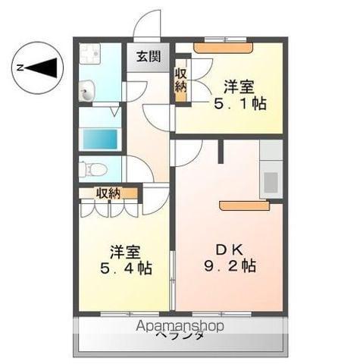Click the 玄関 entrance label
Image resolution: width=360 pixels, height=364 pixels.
coord(149,57)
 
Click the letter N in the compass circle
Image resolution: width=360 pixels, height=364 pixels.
coord(21,67)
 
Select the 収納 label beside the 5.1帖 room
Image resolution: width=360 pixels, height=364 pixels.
coord(182,80)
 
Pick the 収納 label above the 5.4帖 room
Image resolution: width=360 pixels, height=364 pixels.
coord(108,193)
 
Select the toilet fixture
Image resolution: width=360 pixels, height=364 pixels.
coord(93,168)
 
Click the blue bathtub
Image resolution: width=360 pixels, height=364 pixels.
coord(100,140)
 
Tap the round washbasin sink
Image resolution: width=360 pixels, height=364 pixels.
coord(86,93)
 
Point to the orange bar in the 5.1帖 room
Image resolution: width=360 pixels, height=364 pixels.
coord(224,48)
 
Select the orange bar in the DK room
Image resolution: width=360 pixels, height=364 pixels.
coord(244,206)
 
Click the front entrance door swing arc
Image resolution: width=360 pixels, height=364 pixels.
coord(147,23)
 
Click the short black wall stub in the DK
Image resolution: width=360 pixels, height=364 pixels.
coord(220,151)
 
